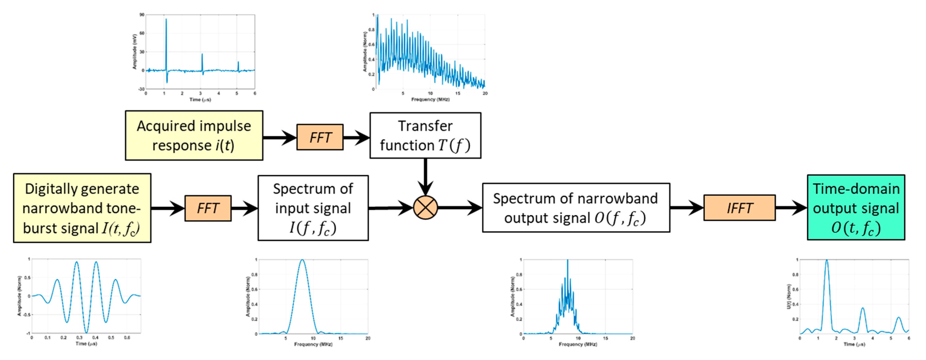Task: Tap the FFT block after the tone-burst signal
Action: pos(208,208)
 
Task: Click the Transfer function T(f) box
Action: pos(425,136)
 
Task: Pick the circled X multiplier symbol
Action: pos(425,208)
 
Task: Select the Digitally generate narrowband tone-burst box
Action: pos(82,208)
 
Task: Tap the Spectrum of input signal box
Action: pos(313,208)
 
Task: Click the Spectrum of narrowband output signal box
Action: pos(576,208)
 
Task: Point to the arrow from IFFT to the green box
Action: pos(791,208)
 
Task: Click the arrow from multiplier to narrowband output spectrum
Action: pos(460,208)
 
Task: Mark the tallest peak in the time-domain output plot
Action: pos(827,260)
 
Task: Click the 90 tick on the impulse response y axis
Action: pos(142,15)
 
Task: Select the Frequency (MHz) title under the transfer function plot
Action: pos(430,99)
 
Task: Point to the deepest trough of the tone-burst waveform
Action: pos(86,332)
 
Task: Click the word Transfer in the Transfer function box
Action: pos(425,126)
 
